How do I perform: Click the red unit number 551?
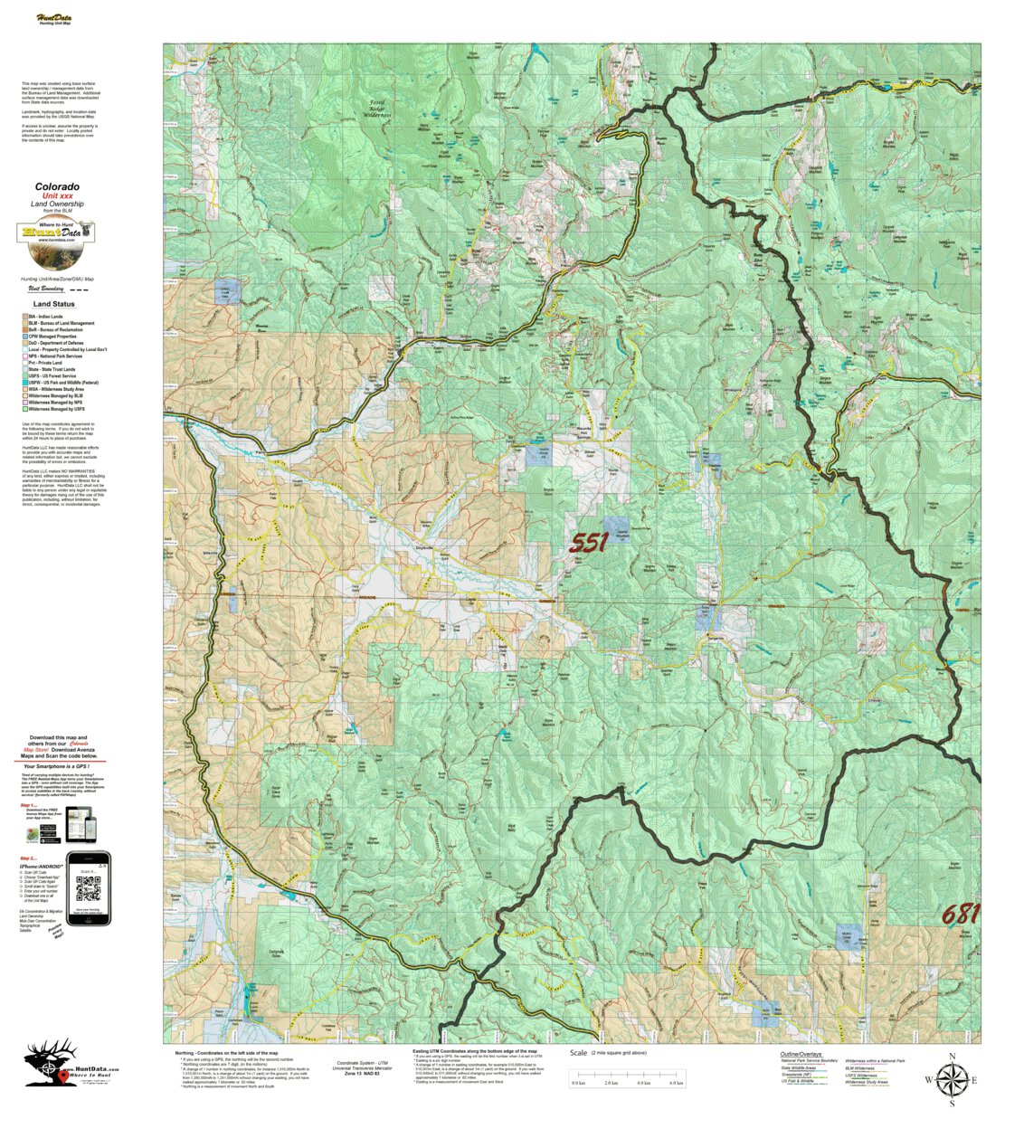click(588, 543)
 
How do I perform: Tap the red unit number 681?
click(960, 915)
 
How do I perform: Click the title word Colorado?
click(57, 187)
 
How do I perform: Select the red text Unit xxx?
click(57, 196)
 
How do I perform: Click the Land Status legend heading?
click(54, 305)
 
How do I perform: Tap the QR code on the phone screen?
click(88, 889)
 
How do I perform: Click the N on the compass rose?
click(952, 1057)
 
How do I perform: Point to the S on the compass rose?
click(952, 1104)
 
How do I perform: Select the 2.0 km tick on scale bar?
click(611, 1083)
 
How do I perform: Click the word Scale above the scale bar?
click(578, 1053)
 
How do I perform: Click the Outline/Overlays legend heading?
click(801, 1054)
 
